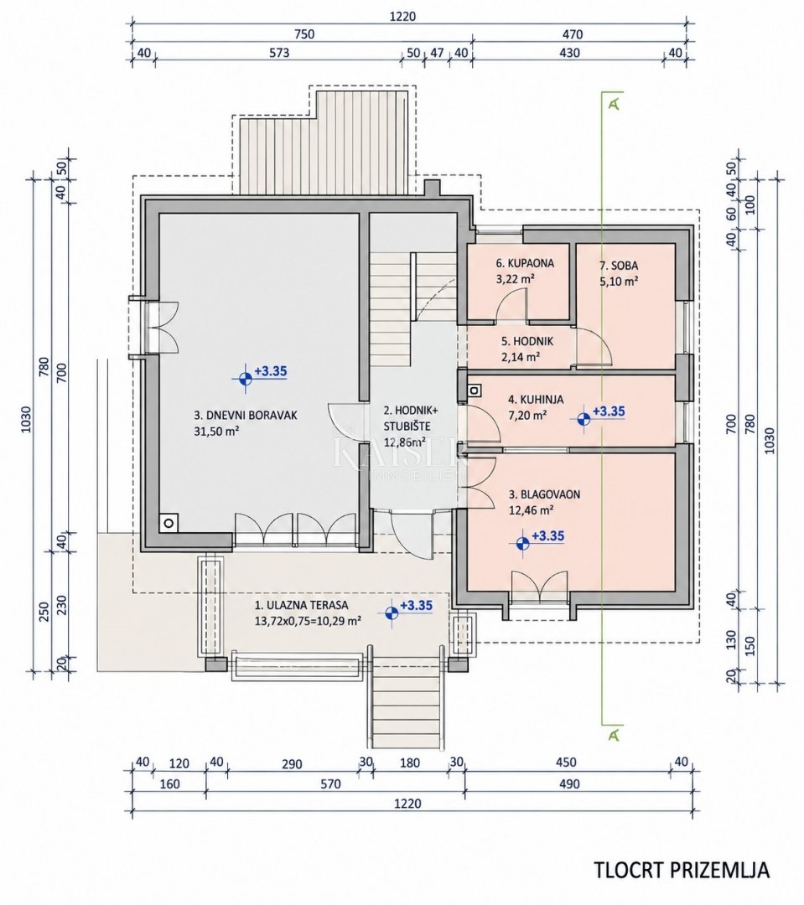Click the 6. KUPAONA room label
[525, 263]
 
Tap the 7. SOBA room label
[619, 266]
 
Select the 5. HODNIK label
[526, 341]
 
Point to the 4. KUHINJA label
[536, 400]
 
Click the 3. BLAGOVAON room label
[544, 494]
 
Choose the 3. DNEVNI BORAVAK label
[246, 415]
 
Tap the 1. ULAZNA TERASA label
[302, 606]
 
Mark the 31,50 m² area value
[217, 431]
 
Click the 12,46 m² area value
[532, 510]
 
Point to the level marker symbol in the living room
[246, 379]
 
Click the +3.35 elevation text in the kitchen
[609, 411]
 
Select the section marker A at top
[615, 103]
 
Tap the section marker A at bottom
[615, 735]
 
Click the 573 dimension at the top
[279, 53]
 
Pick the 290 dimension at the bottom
[293, 764]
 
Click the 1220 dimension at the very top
[402, 16]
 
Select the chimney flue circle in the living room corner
[169, 524]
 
